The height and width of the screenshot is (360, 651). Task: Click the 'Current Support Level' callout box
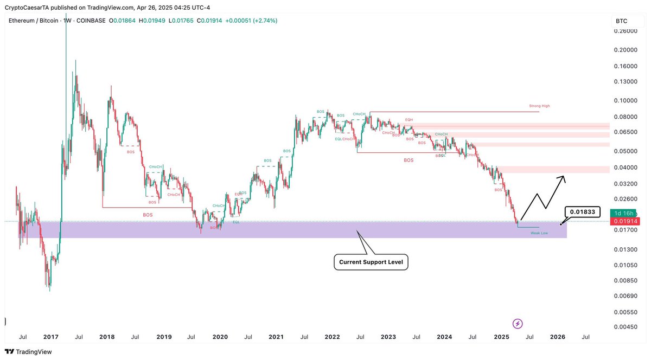click(371, 262)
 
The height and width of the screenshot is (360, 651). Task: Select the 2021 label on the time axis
click(276, 337)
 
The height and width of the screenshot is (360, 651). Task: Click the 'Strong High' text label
click(539, 106)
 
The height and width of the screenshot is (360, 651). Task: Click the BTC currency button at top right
click(622, 21)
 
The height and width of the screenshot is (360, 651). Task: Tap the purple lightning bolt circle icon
click(518, 324)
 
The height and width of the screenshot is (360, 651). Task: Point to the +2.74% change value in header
click(266, 21)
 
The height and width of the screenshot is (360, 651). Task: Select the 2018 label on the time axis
click(107, 337)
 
